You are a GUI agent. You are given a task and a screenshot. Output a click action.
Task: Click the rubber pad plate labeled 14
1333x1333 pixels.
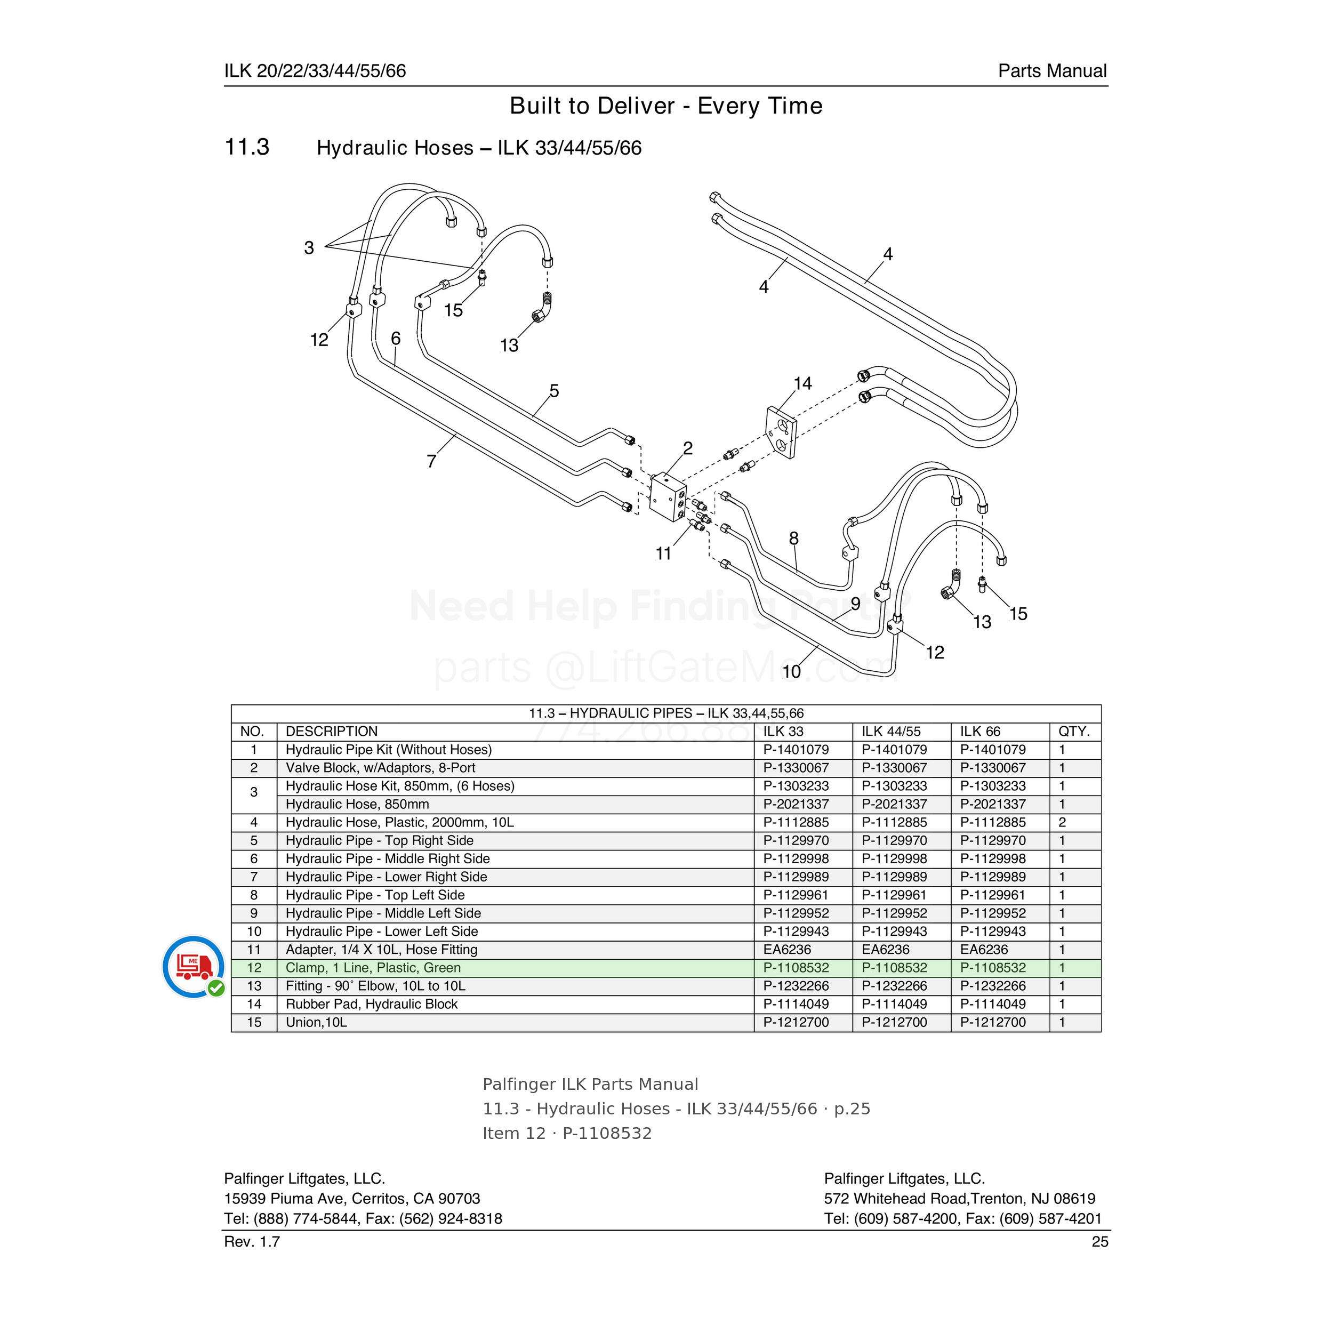point(781,432)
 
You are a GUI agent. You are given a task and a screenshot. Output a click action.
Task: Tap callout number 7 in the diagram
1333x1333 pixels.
point(432,461)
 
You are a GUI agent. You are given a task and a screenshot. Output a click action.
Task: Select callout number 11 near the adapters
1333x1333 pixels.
point(663,553)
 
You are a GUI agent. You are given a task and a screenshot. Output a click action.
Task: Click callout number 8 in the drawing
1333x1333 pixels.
point(793,538)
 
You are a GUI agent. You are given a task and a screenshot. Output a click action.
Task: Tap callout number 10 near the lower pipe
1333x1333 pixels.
point(791,671)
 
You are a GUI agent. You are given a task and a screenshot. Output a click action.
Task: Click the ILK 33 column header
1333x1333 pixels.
point(783,732)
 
